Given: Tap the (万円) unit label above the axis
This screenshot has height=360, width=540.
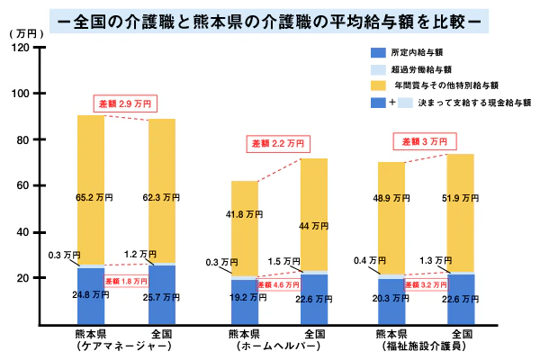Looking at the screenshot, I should (24, 32).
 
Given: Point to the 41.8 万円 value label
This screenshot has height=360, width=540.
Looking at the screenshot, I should (244, 214).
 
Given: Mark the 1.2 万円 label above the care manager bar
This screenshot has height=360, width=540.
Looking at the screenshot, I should (165, 254).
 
